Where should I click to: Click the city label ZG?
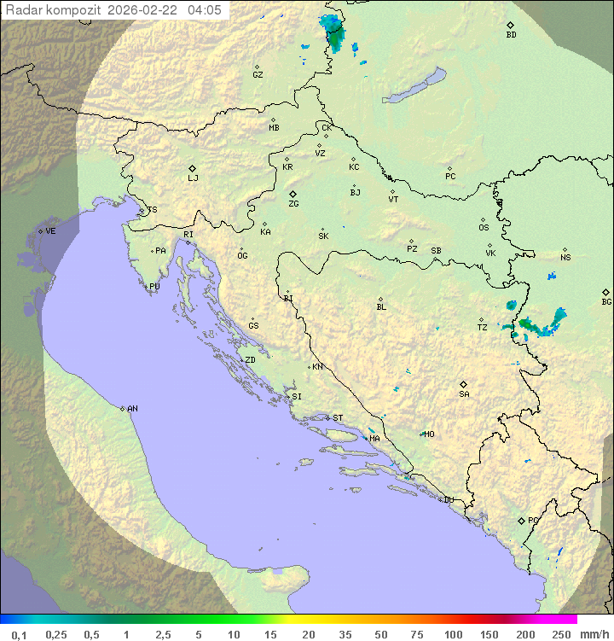[293, 204]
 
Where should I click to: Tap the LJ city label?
[193, 178]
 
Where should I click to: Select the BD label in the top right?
[511, 35]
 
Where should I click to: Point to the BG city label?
[606, 301]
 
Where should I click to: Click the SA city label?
[464, 393]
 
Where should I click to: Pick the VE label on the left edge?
[50, 231]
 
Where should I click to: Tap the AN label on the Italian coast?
[132, 409]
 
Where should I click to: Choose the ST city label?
[338, 418]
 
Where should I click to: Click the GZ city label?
[258, 75]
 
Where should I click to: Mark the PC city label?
[450, 177]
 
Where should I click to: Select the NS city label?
[565, 258]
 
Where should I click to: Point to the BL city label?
[381, 307]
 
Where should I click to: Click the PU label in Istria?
[154, 287]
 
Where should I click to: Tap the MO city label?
[429, 434]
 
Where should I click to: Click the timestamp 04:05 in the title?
[205, 10]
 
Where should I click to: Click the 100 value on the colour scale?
[453, 634]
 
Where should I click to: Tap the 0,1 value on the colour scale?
[19, 634]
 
